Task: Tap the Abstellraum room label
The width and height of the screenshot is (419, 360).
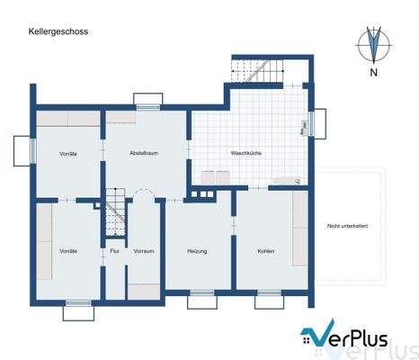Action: pos(144,153)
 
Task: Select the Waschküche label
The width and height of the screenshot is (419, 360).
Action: pos(245,153)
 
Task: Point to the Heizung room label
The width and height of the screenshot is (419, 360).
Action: pos(197,250)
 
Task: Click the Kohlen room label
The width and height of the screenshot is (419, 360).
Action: pos(265,250)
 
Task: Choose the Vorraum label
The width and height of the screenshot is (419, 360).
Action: pos(143,250)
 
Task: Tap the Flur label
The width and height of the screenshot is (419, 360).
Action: pos(114,250)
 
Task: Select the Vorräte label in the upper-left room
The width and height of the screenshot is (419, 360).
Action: pos(68,154)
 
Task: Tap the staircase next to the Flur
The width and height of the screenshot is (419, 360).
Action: pos(113,214)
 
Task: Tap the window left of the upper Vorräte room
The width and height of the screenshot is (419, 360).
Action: pos(22,148)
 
